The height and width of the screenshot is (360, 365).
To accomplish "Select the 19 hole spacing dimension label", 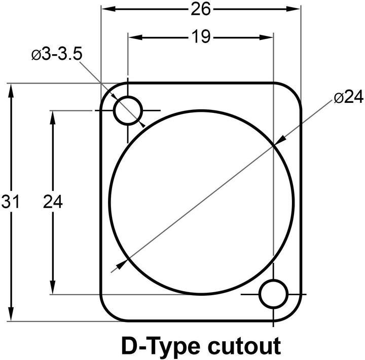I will [x=201, y=37].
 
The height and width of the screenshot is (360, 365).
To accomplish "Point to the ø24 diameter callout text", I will [x=349, y=98].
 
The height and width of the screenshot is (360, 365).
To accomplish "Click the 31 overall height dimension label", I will [x=10, y=202].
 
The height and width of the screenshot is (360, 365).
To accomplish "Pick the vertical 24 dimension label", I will [x=52, y=202].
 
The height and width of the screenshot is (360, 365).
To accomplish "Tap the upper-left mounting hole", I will [x=128, y=110].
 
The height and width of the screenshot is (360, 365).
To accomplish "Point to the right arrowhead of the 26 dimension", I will [x=296, y=9].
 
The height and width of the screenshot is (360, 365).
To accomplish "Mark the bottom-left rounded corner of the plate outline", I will [x=107, y=313].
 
